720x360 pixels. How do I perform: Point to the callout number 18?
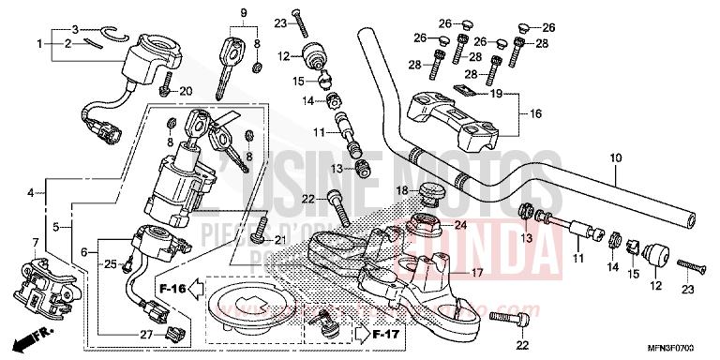(401, 191)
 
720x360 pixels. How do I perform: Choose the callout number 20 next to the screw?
(185, 91)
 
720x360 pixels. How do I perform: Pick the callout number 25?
(111, 265)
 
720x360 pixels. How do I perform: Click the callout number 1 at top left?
(40, 44)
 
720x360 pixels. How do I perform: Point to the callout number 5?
(57, 227)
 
